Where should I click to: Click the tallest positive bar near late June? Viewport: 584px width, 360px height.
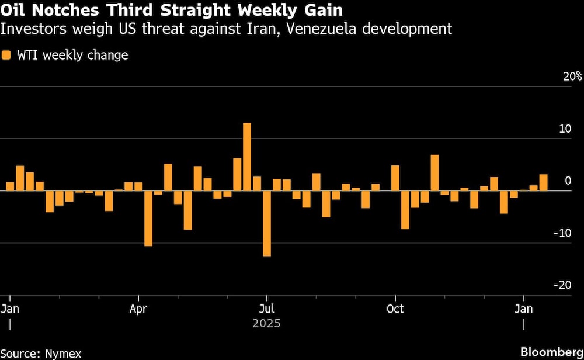point(247,157)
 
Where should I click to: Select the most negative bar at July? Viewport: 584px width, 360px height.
point(267,223)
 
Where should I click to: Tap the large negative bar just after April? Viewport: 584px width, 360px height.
point(148,218)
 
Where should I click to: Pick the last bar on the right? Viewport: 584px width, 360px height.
point(543,182)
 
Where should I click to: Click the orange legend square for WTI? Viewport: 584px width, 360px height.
point(6,56)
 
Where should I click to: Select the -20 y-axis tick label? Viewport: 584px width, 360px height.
point(562,285)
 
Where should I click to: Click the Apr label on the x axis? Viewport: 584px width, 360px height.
point(138,309)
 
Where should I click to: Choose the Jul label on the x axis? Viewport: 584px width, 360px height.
point(267,309)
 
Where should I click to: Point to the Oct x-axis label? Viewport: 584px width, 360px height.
point(395,309)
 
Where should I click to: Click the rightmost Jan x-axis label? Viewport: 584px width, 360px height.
point(524,309)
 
